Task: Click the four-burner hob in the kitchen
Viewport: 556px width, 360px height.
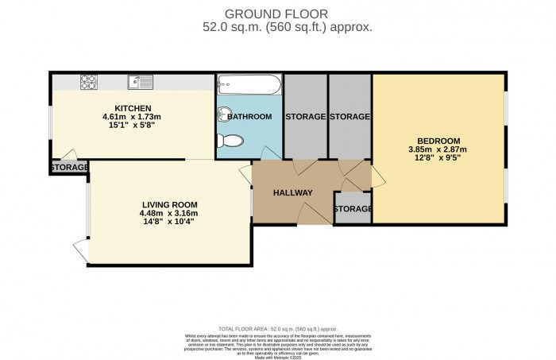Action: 87,81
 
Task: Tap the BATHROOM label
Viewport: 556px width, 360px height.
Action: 249,117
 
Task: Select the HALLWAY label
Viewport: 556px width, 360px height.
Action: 292,193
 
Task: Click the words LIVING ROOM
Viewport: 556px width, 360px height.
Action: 169,203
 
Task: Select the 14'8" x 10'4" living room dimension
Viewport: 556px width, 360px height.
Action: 169,223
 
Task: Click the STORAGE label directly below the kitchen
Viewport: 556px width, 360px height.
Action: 70,168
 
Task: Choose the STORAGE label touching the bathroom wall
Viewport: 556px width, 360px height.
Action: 306,117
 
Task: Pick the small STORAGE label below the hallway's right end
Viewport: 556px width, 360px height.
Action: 353,209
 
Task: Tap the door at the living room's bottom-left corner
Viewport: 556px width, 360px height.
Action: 79,248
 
